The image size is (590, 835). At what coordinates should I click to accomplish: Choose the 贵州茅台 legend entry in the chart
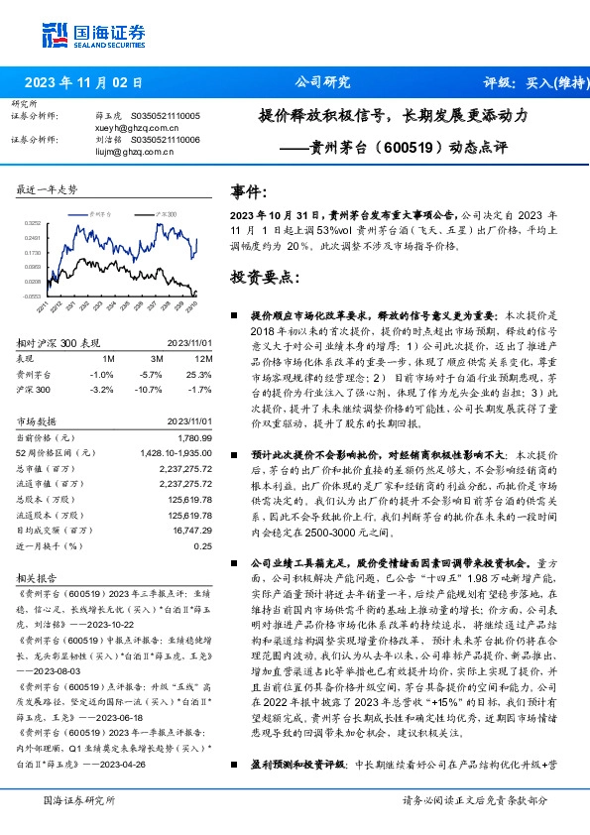tap(102, 212)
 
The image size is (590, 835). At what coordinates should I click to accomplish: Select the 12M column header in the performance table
tap(203, 357)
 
